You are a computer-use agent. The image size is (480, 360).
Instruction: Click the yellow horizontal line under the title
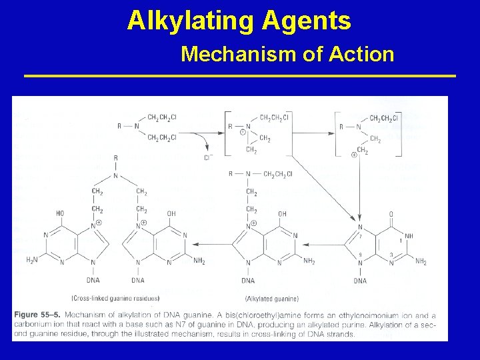tap(240, 76)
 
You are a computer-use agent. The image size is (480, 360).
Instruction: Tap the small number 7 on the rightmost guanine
tap(361, 235)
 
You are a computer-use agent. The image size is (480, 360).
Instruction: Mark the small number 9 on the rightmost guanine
tap(361, 254)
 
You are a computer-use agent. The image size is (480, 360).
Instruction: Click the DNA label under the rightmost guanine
tap(360, 281)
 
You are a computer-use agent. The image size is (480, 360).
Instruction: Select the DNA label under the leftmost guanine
tap(92, 281)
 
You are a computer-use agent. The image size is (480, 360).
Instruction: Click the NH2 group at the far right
tap(421, 261)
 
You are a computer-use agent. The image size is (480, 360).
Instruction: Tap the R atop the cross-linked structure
tap(115, 158)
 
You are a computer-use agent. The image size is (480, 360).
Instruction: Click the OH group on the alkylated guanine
tap(282, 214)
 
